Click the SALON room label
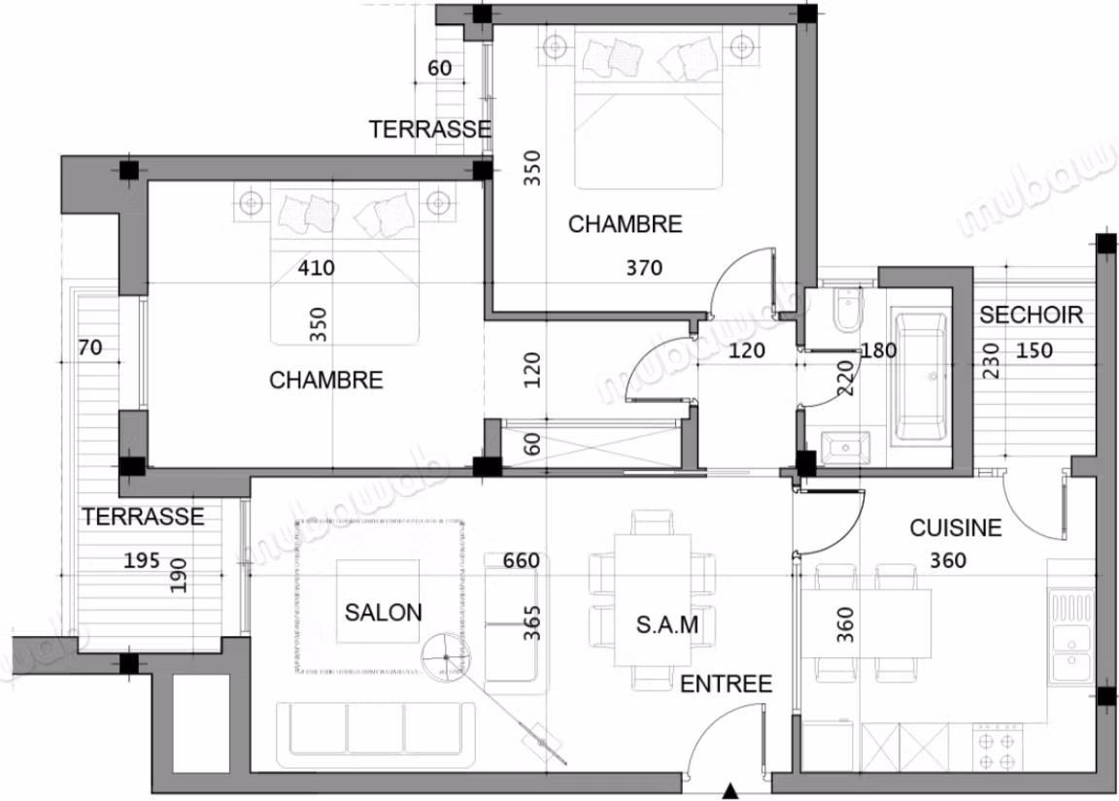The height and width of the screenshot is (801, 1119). point(384,612)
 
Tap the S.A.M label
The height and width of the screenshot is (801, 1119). point(667,625)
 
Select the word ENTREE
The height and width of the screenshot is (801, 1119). point(726,684)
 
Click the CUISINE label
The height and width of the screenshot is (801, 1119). point(956,528)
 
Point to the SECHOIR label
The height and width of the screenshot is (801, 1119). point(1032,315)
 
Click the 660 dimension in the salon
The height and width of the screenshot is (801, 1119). point(521,560)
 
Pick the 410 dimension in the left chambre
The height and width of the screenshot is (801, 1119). point(316,268)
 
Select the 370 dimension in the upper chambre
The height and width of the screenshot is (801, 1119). point(644,268)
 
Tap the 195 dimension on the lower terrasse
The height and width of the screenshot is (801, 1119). point(141,560)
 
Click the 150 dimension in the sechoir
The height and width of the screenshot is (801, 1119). point(1034,350)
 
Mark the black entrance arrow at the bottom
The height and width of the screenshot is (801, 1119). point(729,791)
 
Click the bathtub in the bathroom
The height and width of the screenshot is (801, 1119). point(921,376)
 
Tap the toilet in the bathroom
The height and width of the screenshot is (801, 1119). point(849,310)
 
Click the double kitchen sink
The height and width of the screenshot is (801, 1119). point(1070,635)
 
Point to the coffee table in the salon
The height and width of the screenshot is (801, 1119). point(378,601)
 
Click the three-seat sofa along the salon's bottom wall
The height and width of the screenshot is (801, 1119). point(376,729)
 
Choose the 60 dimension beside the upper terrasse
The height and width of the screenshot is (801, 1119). point(440,69)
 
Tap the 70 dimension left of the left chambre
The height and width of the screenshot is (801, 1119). point(90,348)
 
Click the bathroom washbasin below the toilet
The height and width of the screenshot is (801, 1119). point(846,449)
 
